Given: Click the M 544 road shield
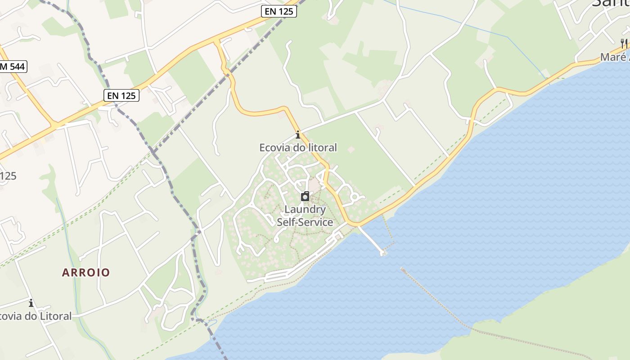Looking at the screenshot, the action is coord(13,67).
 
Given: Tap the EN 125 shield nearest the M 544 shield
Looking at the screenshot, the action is coord(121,95).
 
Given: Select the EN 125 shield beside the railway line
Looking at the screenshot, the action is coord(279,11).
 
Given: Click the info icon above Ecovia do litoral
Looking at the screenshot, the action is coord(297,135).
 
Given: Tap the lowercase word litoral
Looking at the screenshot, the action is coord(322,148).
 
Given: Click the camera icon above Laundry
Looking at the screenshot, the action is coord(305,196).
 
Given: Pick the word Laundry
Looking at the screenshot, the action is coord(305,209).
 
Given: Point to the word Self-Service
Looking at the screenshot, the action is coord(305,222).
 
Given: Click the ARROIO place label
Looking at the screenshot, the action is coord(86,272).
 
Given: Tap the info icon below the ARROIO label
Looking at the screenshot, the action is coord(31,303).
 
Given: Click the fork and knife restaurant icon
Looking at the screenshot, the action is coord(624,44).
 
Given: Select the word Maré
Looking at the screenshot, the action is coord(613,57).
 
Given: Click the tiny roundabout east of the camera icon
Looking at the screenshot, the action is coord(355,197).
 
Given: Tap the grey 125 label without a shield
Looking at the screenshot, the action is coord(8,175).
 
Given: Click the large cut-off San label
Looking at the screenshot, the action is coord(610,4).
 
